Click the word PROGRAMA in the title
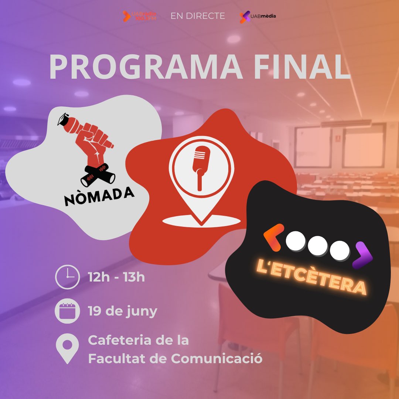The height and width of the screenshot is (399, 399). tap(146, 67)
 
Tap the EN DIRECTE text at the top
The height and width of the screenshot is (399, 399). tap(198, 16)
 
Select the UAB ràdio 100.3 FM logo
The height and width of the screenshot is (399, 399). tap(139, 16)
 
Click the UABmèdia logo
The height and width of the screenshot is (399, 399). tap(258, 16)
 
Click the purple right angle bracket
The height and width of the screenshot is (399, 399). tap(362, 255)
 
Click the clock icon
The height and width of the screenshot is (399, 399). tap(67, 276)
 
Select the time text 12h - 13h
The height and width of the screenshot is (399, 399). tap(116, 276)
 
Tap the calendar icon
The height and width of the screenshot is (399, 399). tap(67, 311)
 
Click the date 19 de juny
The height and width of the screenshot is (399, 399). tap(122, 311)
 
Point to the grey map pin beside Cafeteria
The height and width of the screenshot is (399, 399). tap(67, 349)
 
